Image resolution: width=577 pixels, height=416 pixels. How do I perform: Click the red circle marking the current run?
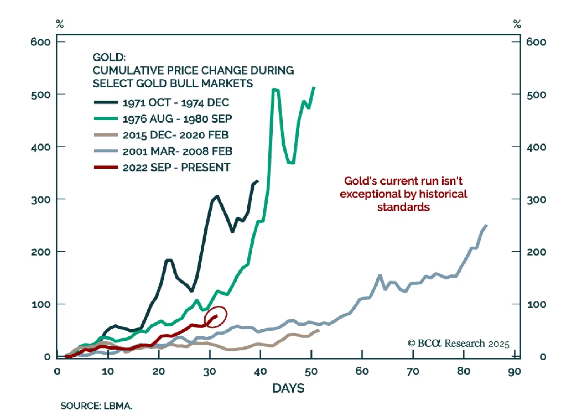click(215, 317)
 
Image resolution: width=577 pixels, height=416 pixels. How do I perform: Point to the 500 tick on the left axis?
click(41, 95)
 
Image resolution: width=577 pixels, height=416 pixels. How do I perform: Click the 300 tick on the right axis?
click(536, 200)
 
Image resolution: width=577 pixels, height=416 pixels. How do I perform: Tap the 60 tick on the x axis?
click(362, 371)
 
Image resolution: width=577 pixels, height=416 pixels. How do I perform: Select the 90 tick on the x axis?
click(515, 371)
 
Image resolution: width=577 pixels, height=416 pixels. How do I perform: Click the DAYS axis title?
click(288, 388)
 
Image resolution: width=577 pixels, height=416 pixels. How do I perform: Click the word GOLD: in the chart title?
click(109, 58)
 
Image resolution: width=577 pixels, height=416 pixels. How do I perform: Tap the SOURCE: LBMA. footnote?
click(96, 406)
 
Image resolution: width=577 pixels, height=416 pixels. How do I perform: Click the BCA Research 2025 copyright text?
click(459, 344)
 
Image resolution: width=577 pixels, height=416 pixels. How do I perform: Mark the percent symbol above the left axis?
click(60, 24)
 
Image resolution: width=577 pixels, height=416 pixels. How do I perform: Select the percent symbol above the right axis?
click(517, 24)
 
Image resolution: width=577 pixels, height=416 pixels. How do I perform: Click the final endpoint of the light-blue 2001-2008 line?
click(487, 225)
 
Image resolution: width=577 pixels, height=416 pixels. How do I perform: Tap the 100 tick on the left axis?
click(41, 305)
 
